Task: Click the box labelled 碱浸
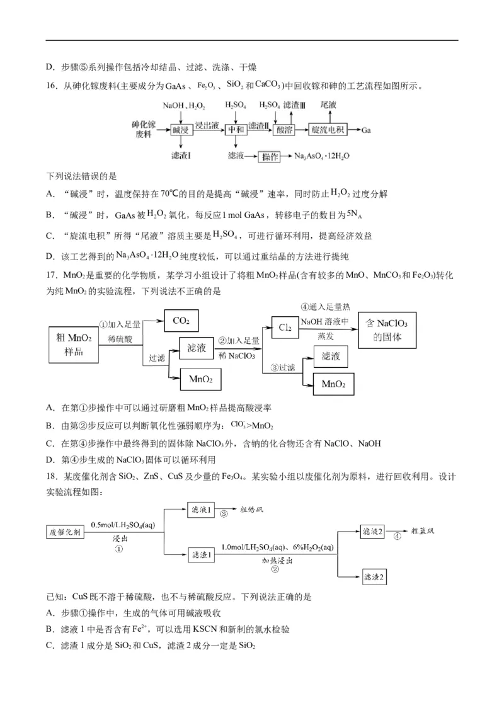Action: [180, 130]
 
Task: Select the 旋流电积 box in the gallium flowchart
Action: [329, 130]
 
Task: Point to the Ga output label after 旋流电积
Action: [367, 130]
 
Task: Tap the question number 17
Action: [54, 275]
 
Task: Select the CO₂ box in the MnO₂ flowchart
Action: [181, 321]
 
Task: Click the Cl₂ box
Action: [285, 328]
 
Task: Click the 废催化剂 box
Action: [66, 532]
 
